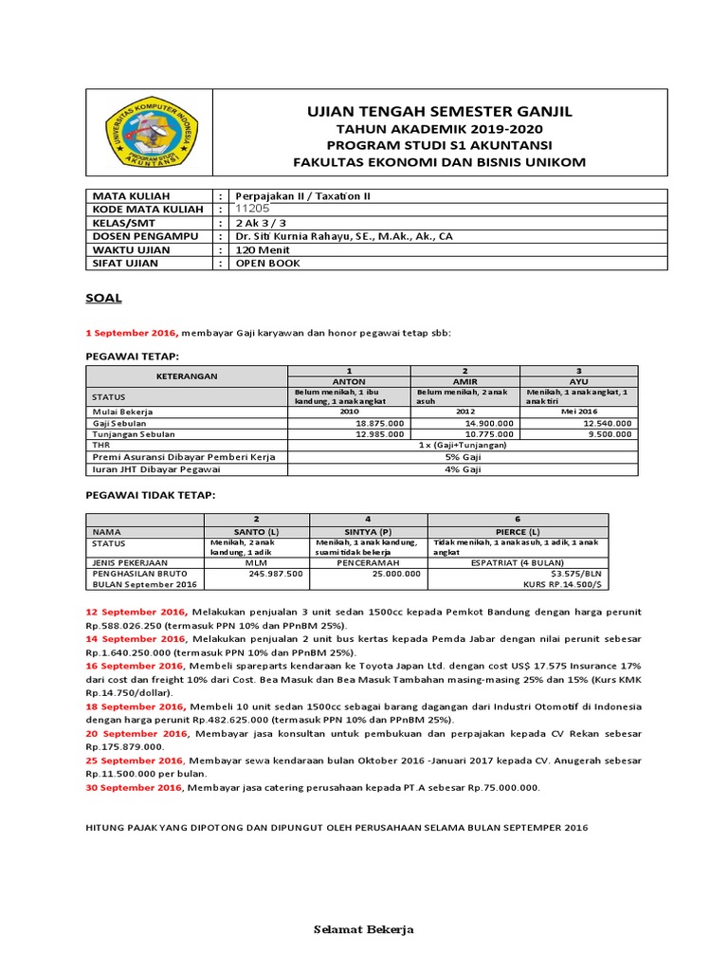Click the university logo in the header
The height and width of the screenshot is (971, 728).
coord(150,135)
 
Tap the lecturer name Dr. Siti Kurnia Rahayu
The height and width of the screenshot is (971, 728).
coord(337,236)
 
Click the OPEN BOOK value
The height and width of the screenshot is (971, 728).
coord(267,263)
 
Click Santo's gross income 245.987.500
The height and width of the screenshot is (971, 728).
coord(276,574)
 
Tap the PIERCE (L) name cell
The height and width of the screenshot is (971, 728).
coord(519,532)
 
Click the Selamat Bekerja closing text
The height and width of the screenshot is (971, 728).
coord(364,928)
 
